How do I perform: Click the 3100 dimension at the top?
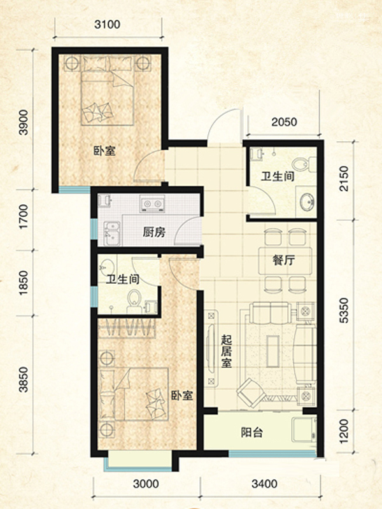pyautogui.click(x=107, y=24)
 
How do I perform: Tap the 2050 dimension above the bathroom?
pyautogui.click(x=284, y=122)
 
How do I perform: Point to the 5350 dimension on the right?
pyautogui.click(x=343, y=310)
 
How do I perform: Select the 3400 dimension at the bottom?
pyautogui.click(x=264, y=484)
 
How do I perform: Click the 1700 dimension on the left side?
pyautogui.click(x=24, y=216)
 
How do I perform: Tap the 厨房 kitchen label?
pyautogui.click(x=154, y=232)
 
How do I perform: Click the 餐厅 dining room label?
pyautogui.click(x=283, y=260)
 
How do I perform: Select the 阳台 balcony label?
pyautogui.click(x=251, y=433)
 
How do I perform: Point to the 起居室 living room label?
pyautogui.click(x=227, y=351)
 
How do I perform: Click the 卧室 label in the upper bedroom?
pyautogui.click(x=104, y=151)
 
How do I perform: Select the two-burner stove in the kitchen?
pyautogui.click(x=152, y=204)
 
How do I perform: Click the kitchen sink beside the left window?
pyautogui.click(x=112, y=233)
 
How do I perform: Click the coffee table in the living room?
pyautogui.click(x=273, y=352)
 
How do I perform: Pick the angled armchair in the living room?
pyautogui.click(x=250, y=393)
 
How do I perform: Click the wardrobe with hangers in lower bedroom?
pyautogui.click(x=127, y=328)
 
